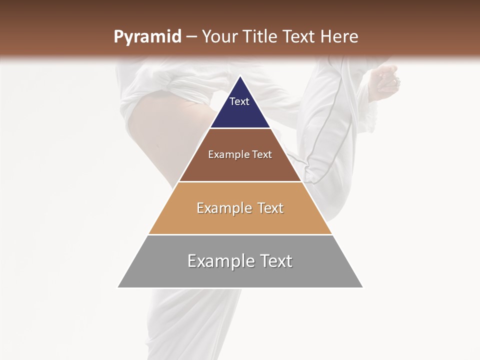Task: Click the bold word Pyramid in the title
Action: tap(147, 37)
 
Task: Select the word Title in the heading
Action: tap(260, 37)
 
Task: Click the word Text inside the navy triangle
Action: tap(239, 101)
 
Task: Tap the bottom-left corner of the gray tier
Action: tap(118, 287)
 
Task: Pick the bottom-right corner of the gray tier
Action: tap(363, 287)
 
